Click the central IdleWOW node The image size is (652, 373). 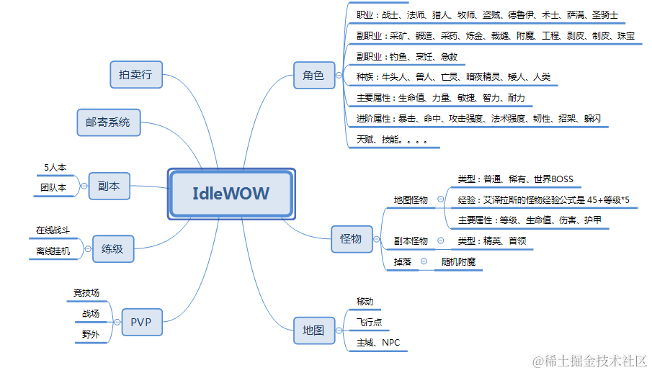point(231,193)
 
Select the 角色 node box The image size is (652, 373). point(313,75)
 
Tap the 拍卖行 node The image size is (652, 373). point(136,74)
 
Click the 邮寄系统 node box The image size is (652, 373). point(108,122)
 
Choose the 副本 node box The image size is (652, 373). point(109,186)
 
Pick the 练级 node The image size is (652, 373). point(112,249)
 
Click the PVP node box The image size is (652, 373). point(141,322)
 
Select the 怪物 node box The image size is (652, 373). point(351,238)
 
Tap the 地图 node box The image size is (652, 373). point(313,330)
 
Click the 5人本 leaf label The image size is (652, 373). point(55,167)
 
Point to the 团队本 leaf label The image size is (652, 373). point(53,187)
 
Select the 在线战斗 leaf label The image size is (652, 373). point(53,230)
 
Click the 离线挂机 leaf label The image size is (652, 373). point(53,251)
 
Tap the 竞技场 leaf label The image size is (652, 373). point(86,293)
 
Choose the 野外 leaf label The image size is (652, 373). point(91,334)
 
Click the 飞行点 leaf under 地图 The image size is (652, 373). point(369,322)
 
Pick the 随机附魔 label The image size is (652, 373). point(458,262)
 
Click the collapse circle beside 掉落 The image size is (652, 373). point(424,262)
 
